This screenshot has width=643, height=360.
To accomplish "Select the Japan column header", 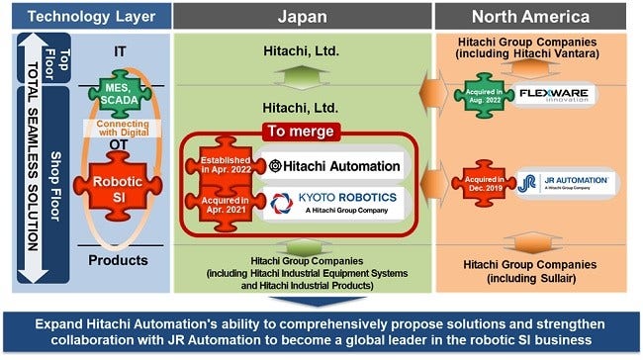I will pyautogui.click(x=303, y=15).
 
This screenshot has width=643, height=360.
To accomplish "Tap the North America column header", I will pyautogui.click(x=537, y=15).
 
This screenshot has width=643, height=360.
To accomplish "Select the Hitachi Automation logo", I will pyautogui.click(x=333, y=165).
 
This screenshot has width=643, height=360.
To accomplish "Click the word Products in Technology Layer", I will pyautogui.click(x=119, y=260).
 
